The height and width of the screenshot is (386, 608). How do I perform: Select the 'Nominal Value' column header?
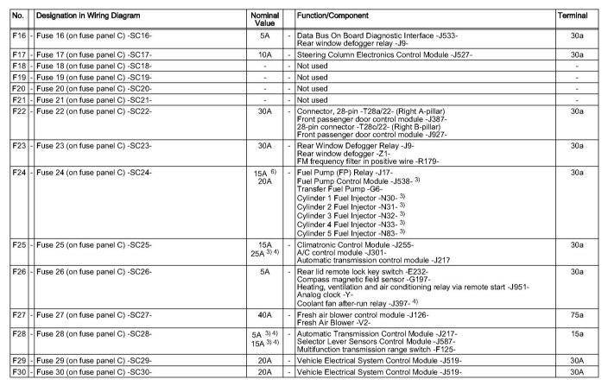[264, 16]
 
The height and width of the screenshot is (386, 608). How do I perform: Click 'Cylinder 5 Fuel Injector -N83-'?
[355, 233]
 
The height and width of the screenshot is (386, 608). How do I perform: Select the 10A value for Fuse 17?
[264, 54]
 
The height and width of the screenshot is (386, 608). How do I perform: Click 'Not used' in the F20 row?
[313, 89]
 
